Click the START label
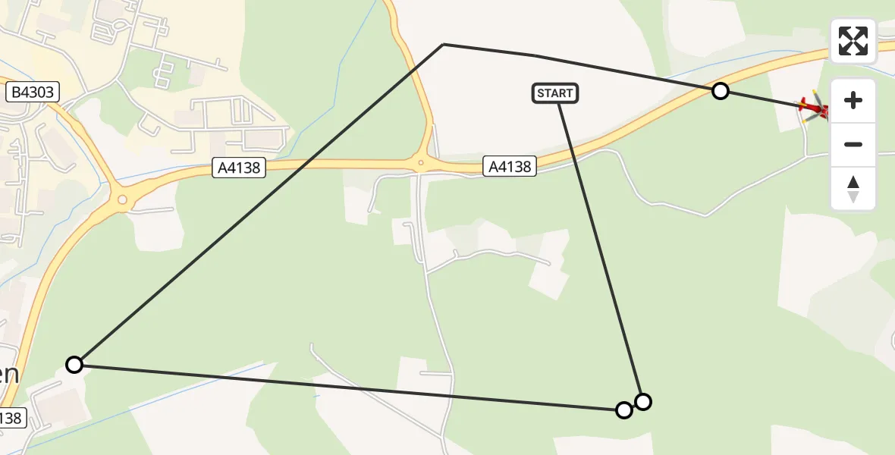point(555,93)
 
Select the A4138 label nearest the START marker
point(510,166)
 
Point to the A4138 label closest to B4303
point(239,168)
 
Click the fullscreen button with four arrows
point(853,41)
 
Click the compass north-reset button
point(853,189)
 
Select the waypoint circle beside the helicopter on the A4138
point(721,92)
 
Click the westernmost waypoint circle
point(74,365)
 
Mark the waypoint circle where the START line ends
point(643,401)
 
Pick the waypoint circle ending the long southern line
point(623,410)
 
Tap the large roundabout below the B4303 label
point(120,199)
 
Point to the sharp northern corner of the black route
point(443,45)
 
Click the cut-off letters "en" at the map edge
point(9,375)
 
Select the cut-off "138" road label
point(12,417)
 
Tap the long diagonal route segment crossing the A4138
point(258,205)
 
